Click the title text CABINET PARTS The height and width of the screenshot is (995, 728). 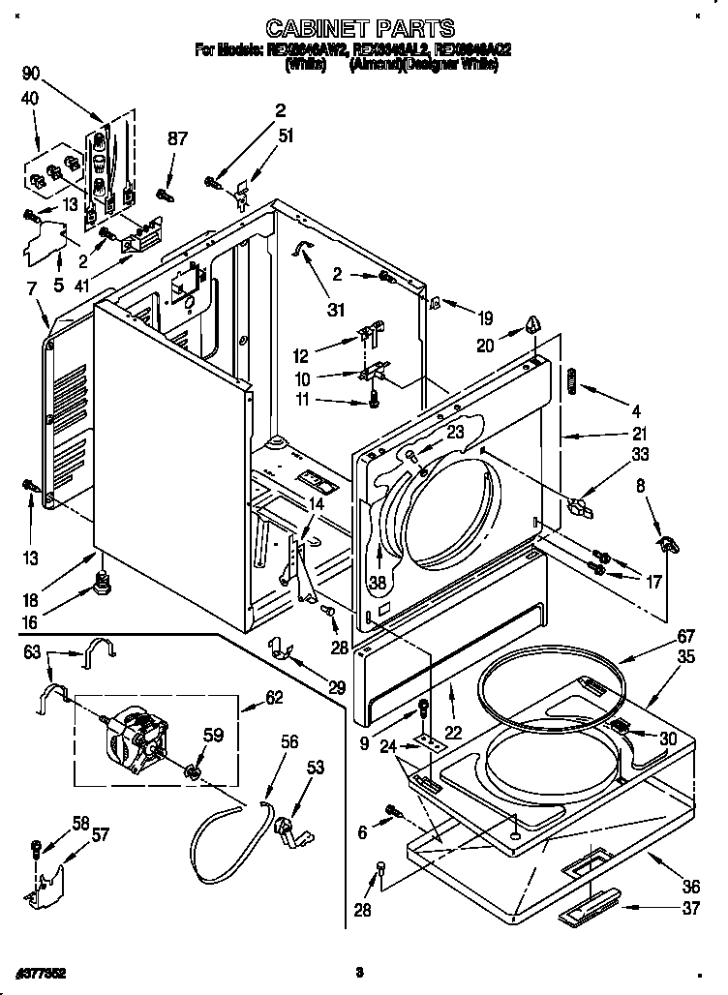[x=359, y=29]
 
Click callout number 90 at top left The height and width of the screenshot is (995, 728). [x=31, y=73]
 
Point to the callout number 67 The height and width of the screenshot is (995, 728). [x=659, y=636]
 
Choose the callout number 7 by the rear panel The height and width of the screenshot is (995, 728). [x=31, y=288]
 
